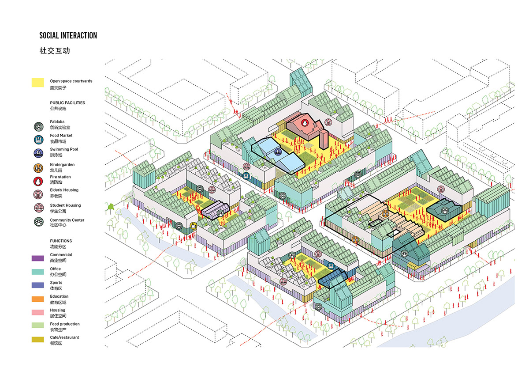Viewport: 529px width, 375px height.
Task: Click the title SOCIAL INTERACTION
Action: click(68, 35)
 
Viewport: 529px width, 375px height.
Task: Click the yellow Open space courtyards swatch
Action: click(38, 83)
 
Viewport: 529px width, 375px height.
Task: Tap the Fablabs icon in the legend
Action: click(38, 127)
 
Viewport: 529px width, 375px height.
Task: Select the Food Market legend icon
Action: click(38, 140)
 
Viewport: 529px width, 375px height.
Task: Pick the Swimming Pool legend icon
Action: click(38, 153)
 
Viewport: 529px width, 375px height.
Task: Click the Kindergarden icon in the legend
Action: click(38, 168)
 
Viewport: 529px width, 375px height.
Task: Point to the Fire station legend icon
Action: click(38, 182)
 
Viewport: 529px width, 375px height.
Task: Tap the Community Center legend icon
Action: click(38, 222)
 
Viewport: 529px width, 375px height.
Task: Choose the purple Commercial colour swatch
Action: click(38, 258)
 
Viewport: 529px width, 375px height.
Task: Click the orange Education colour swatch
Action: click(38, 299)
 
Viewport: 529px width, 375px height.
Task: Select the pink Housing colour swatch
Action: click(38, 312)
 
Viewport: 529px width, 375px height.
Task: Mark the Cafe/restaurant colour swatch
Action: click(38, 340)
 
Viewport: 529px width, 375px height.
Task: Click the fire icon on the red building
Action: click(305, 122)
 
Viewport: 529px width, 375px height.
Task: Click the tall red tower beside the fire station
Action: click(324, 139)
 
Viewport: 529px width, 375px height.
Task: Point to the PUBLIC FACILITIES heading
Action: click(67, 102)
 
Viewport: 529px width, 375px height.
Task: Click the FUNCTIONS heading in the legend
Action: click(61, 241)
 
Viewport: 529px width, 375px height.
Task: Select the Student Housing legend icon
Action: click(38, 208)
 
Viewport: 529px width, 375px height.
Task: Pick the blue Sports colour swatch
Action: click(38, 285)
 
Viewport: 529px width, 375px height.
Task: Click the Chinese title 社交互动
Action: click(55, 51)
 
